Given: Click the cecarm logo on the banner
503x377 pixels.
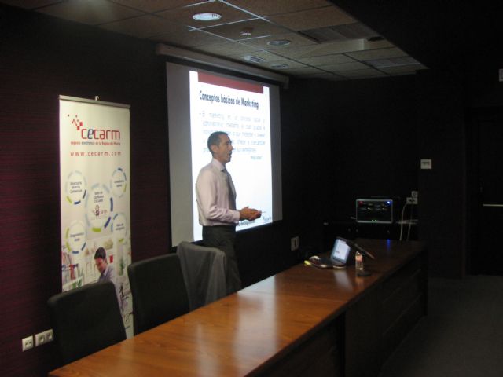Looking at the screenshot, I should point(95,130).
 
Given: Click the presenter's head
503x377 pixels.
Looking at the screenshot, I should point(218,146).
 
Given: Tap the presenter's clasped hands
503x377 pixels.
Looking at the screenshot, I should point(251,213).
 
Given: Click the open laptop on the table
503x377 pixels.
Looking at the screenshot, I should point(340,252).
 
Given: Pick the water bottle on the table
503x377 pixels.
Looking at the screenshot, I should point(359,262).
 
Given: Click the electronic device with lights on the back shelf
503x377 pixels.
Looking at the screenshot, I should point(374,210).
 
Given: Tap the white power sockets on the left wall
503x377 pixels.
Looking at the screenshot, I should point(37,339).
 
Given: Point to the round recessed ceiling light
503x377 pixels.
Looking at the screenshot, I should point(206,16).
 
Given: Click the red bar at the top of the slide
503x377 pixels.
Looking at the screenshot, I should point(230,82).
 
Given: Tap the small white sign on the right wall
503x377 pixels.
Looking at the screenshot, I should point(425,163).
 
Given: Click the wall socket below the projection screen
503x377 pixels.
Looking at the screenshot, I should point(294,243).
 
